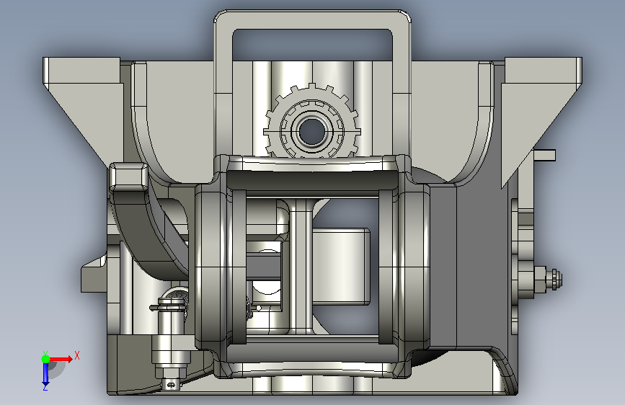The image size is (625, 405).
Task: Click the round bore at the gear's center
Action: [x=311, y=131]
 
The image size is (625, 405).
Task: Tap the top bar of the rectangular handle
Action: [x=312, y=19]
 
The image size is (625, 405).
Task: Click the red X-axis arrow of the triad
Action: [x=60, y=359]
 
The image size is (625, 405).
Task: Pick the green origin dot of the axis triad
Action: [x=45, y=359]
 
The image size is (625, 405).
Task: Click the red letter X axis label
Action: [x=77, y=355]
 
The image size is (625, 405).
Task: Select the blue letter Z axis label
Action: [x=45, y=387]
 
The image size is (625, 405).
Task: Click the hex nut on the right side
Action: [x=554, y=278]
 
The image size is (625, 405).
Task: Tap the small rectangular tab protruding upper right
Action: [x=544, y=155]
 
